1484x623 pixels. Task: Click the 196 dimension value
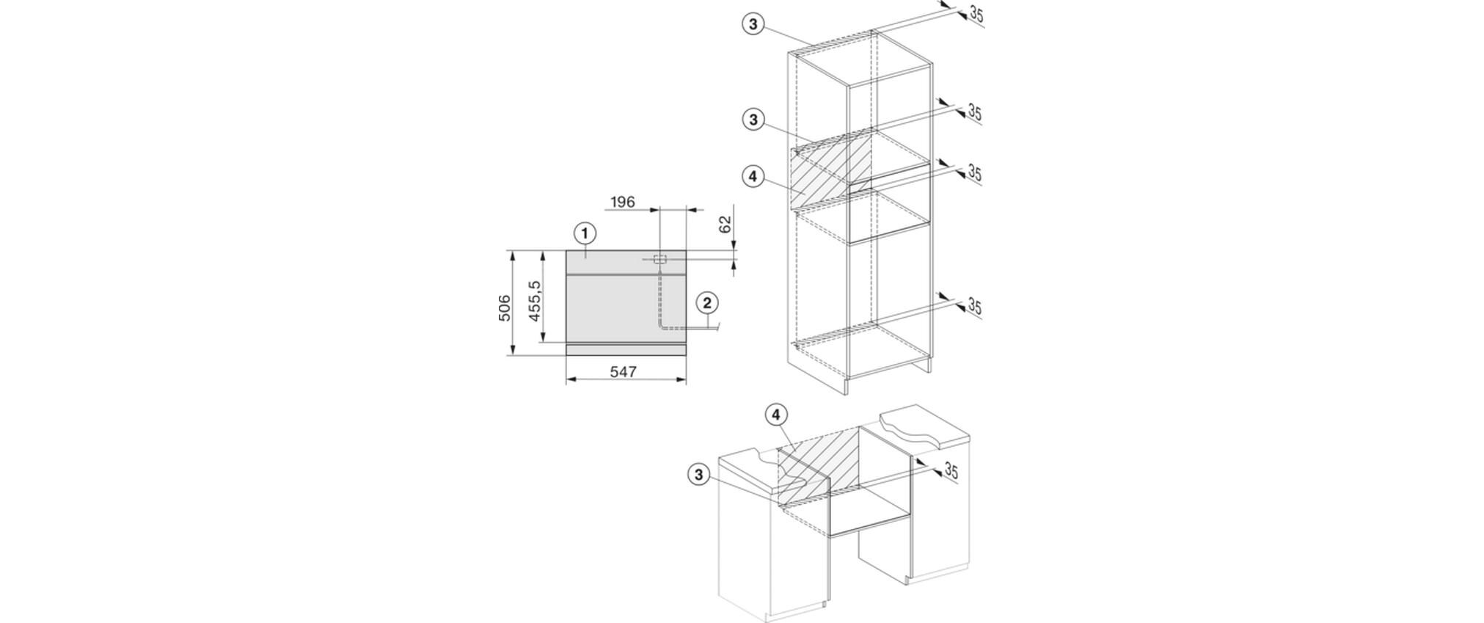622,201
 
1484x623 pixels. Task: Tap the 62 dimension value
725,225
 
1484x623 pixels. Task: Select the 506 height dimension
504,307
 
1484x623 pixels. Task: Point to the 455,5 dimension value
535,300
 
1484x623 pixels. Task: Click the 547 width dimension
623,372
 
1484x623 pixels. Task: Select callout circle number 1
585,234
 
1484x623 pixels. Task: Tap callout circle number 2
707,302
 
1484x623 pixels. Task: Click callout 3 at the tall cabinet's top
753,24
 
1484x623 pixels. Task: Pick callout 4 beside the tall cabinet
753,177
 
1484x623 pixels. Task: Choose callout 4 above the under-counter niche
776,415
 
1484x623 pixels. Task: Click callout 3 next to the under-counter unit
698,475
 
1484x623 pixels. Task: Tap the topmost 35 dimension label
976,13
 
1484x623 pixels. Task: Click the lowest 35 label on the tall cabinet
974,306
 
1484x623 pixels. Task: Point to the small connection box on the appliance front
660,258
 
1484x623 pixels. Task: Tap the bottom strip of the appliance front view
626,349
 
